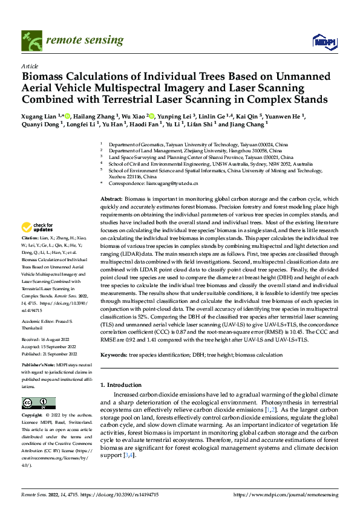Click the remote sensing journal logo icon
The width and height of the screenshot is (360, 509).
[x=31, y=41]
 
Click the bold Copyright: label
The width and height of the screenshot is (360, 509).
[x=33, y=417]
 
